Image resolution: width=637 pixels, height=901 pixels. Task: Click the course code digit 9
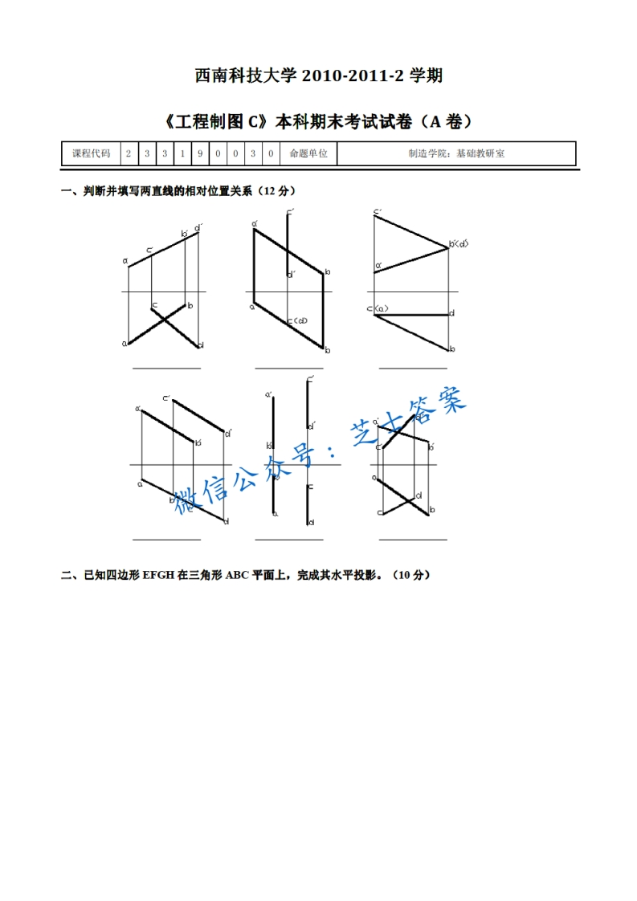pyautogui.click(x=200, y=153)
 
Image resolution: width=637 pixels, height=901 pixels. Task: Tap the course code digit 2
pyautogui.click(x=129, y=153)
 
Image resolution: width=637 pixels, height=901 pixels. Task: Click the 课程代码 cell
pyautogui.click(x=91, y=153)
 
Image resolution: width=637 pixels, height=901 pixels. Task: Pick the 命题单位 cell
pyautogui.click(x=308, y=153)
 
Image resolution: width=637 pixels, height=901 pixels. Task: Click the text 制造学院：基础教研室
pyautogui.click(x=455, y=153)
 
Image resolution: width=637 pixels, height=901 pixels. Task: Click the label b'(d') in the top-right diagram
pyautogui.click(x=459, y=243)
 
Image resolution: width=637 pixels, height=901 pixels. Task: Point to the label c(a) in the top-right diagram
pyautogui.click(x=378, y=308)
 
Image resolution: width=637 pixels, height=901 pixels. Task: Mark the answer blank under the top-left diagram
pyautogui.click(x=166, y=368)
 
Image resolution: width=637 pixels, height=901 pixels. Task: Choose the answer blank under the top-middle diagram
pyautogui.click(x=288, y=368)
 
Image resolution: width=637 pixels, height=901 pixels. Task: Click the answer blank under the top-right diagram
pyautogui.click(x=412, y=368)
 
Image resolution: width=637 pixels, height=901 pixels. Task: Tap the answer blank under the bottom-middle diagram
pyautogui.click(x=288, y=540)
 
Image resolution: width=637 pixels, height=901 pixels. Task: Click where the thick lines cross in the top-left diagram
pyautogui.click(x=165, y=320)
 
